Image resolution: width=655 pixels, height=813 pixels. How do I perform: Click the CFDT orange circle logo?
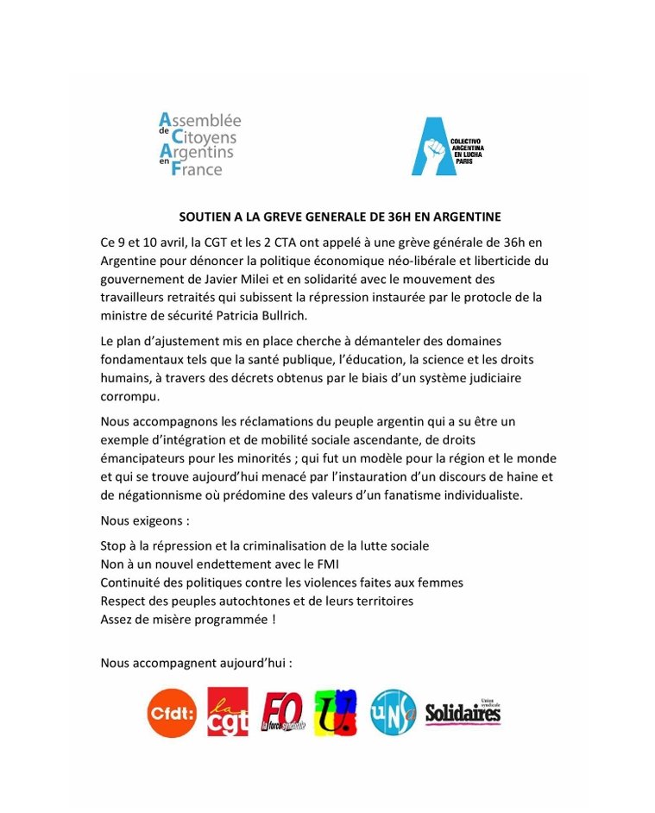tap(172, 713)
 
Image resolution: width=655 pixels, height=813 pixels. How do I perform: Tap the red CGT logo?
tap(228, 712)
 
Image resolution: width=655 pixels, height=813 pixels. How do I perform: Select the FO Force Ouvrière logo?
tap(282, 713)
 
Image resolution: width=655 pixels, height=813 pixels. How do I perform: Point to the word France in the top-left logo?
tap(197, 169)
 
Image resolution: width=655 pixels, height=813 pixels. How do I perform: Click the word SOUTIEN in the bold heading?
tap(205, 217)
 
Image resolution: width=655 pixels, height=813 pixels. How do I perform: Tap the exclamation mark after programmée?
tap(274, 619)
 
